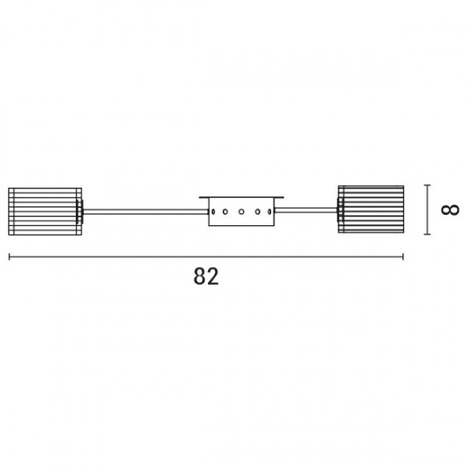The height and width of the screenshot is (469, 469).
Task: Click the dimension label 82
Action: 206,276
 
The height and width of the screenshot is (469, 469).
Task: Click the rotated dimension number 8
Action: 450,210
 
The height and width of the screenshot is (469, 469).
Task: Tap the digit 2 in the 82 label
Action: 213,276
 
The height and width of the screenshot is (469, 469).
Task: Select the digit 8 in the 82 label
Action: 200,276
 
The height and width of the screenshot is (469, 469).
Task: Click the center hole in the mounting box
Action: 241,211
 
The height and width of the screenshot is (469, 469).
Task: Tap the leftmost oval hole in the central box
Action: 213,211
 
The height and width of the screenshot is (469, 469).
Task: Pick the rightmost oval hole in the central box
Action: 269,211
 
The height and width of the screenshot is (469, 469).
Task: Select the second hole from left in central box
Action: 225,211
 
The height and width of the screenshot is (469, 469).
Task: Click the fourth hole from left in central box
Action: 258,211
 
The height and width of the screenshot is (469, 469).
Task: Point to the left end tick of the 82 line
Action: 9,257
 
